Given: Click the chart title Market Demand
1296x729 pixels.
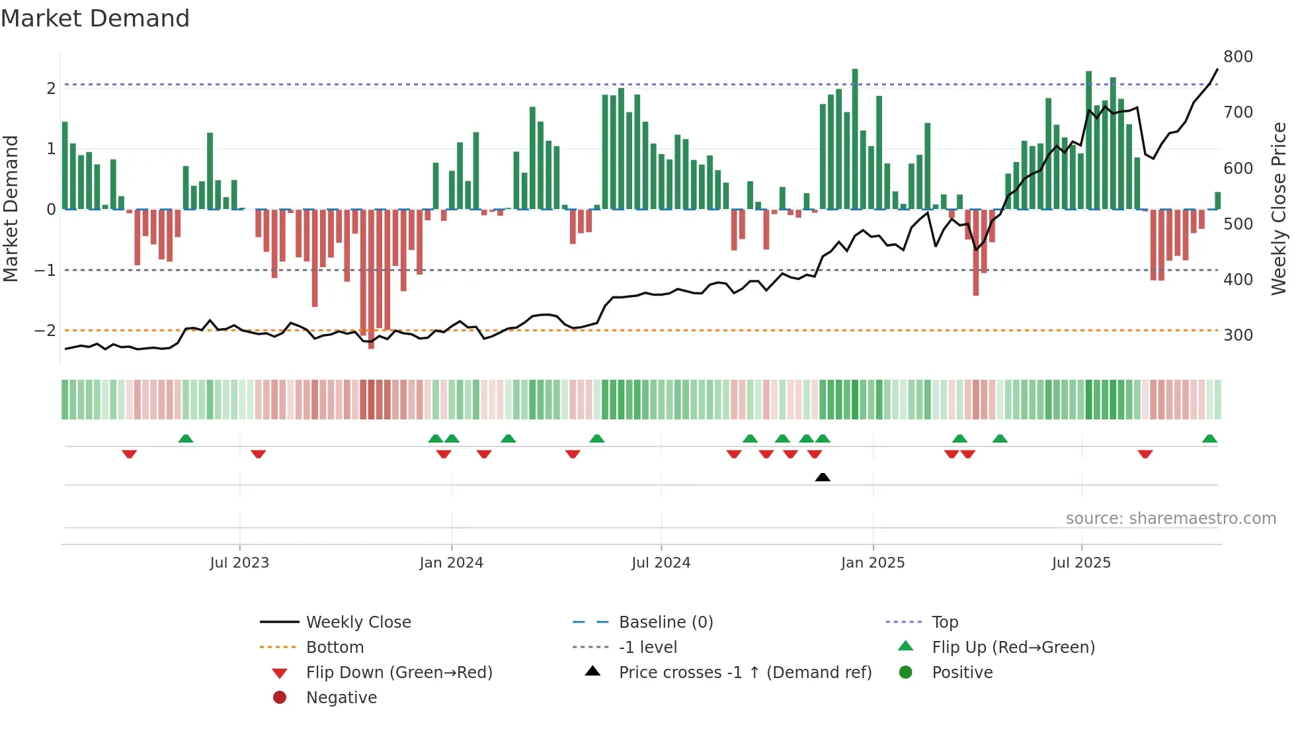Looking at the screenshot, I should click(x=95, y=18).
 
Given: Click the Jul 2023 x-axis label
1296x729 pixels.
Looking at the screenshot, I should click(x=239, y=563).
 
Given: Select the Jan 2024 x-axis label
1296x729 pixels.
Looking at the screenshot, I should click(x=451, y=563).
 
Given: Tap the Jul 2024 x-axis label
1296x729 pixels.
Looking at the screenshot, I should click(x=661, y=563).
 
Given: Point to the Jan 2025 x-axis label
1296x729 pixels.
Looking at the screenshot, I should click(x=872, y=563).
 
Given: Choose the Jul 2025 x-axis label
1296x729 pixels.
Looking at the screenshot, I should click(x=1081, y=563).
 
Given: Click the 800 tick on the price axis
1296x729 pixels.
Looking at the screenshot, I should click(x=1238, y=57).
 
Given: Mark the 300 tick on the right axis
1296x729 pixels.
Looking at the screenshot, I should click(x=1238, y=335).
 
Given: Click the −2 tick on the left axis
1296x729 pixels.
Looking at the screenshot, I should click(x=45, y=331).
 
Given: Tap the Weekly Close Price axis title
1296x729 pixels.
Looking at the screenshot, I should click(x=1279, y=208).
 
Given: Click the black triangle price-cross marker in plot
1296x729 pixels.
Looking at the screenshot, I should click(x=823, y=477).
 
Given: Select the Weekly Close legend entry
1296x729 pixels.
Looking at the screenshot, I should click(x=358, y=622).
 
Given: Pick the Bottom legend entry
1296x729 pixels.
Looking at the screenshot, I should click(x=335, y=648).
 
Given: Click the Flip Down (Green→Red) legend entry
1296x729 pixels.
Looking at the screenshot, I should click(x=399, y=673).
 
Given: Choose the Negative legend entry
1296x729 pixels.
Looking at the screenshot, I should click(x=341, y=698).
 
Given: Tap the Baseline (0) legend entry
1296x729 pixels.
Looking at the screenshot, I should click(x=665, y=622).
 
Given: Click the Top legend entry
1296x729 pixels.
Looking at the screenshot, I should click(x=944, y=622).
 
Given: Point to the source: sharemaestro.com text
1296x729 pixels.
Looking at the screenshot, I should click(x=1170, y=519).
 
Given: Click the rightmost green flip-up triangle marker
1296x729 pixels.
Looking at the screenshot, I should click(x=1209, y=439).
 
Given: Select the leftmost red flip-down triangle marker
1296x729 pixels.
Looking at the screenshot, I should click(x=129, y=454).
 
